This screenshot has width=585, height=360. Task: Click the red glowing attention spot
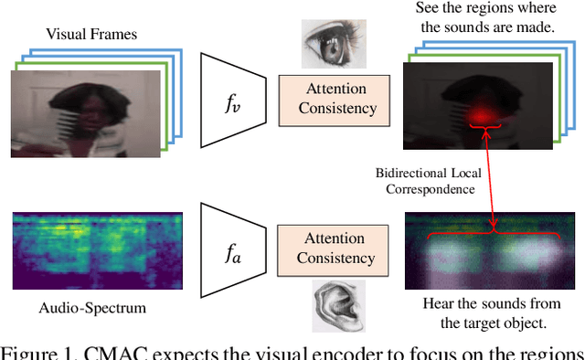(x=477, y=114)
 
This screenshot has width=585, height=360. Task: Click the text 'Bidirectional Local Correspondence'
(x=425, y=182)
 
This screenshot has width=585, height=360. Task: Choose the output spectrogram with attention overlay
(x=492, y=251)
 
